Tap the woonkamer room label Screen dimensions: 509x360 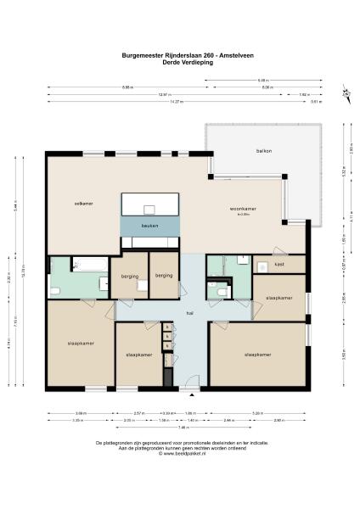(244, 209)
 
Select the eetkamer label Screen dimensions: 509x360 (83, 204)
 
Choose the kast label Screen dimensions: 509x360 (278, 265)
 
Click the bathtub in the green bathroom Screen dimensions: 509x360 (88, 266)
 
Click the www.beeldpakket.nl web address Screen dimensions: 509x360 (180, 453)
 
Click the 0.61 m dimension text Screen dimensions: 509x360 (316, 102)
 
